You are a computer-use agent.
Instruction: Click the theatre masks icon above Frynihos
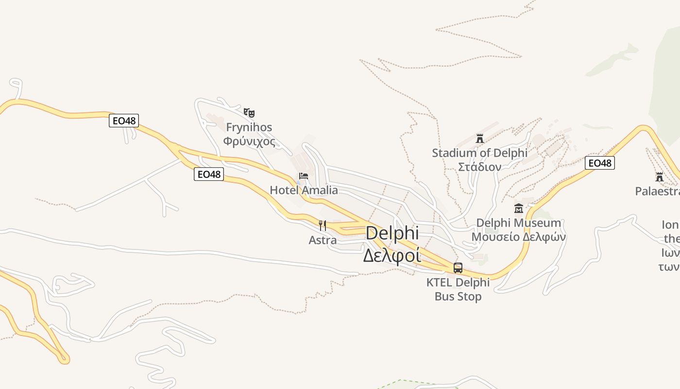[249, 113]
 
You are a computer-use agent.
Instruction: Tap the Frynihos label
[249, 127]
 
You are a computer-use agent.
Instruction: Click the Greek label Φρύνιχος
[249, 141]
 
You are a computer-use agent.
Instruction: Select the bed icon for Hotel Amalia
[304, 176]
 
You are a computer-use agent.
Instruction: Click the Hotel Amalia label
[304, 190]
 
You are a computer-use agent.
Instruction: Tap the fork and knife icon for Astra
[323, 225]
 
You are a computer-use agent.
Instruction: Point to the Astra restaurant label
[323, 240]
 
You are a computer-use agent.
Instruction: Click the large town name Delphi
[392, 233]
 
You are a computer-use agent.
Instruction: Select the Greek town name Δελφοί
[392, 255]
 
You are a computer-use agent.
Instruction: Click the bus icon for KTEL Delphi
[458, 267]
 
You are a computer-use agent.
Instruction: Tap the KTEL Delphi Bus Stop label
[458, 289]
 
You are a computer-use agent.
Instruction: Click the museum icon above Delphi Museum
[518, 209]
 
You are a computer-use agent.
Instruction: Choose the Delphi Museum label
[518, 223]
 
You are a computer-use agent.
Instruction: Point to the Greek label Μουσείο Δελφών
[518, 237]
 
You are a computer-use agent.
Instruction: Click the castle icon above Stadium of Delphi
[480, 139]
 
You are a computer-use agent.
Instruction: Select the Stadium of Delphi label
[480, 153]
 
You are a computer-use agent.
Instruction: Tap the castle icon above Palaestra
[659, 177]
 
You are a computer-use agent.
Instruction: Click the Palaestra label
[657, 191]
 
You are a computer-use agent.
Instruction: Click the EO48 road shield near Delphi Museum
[599, 163]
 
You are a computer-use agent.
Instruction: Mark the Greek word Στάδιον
[480, 167]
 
